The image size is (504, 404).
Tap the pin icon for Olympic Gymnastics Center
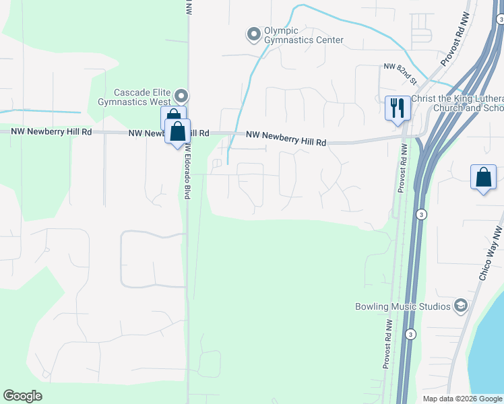click(x=253, y=33)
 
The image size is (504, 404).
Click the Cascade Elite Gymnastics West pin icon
click(x=181, y=95)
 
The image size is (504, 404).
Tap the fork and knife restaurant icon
click(x=397, y=108)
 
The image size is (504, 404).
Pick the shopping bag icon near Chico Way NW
click(x=484, y=178)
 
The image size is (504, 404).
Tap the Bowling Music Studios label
click(x=403, y=307)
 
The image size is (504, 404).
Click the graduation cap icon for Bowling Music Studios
click(x=461, y=306)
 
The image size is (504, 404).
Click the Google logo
click(x=22, y=396)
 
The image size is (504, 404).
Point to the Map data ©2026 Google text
click(x=462, y=399)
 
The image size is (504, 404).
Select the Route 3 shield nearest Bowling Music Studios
click(x=410, y=333)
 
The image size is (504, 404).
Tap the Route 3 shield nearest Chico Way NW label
click(x=421, y=214)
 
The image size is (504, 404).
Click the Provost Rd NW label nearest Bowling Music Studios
click(x=387, y=343)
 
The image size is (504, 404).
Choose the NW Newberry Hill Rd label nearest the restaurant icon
click(x=286, y=139)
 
